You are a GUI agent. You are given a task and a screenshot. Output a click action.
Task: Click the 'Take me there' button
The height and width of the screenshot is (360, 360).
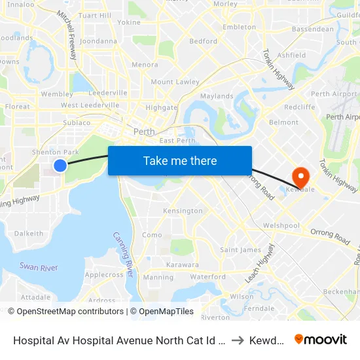click(x=180, y=161)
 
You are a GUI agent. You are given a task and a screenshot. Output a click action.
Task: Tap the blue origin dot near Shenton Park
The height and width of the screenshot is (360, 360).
click(x=60, y=166)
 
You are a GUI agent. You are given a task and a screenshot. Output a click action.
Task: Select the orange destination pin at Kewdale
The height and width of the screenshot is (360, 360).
click(x=300, y=175)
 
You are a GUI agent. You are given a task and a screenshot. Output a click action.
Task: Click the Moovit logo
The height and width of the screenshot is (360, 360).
click(x=321, y=340)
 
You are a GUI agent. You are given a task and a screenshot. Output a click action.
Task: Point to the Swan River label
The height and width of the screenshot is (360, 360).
click(x=39, y=267)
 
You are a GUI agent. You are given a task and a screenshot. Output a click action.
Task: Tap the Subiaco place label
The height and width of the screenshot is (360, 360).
click(x=77, y=122)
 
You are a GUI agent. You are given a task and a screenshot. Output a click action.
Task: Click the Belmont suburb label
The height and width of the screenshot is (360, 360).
click(x=283, y=122)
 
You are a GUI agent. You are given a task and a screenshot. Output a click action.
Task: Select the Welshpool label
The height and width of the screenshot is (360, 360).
click(x=281, y=226)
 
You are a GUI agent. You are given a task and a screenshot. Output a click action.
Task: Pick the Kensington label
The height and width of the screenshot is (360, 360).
click(x=183, y=211)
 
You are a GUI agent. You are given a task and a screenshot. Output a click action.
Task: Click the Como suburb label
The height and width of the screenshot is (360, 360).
click(x=152, y=235)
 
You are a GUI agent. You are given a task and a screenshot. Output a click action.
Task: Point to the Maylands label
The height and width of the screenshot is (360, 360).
click(x=217, y=96)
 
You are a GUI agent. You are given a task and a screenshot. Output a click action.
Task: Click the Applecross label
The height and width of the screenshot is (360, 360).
click(x=104, y=275)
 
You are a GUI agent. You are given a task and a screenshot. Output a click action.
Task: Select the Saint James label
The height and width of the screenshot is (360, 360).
click(x=240, y=250)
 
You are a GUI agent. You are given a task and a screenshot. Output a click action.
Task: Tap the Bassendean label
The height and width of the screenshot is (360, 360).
click(x=312, y=29)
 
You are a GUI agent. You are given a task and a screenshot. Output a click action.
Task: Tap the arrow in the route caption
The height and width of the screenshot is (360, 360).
click(x=238, y=340)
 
